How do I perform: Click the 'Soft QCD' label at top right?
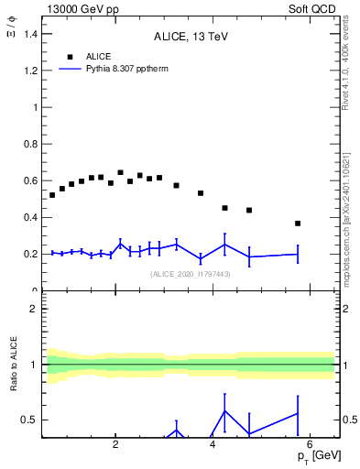[x=313, y=8]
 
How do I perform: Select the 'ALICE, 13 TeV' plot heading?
[x=191, y=38]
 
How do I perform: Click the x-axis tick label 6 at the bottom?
[x=310, y=445]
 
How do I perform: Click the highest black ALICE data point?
[x=120, y=172]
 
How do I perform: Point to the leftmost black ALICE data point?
[x=52, y=195]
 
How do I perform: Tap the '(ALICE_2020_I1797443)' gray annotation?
[x=190, y=274]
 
